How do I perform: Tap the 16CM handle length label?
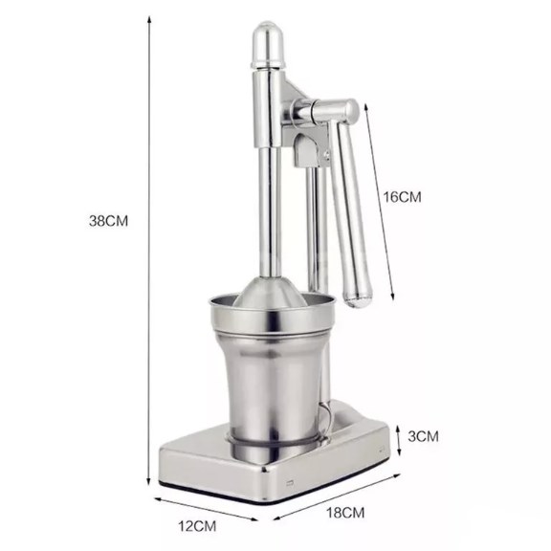(x=403, y=197)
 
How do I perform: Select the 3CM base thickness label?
(x=422, y=436)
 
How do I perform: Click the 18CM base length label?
(x=346, y=512)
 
